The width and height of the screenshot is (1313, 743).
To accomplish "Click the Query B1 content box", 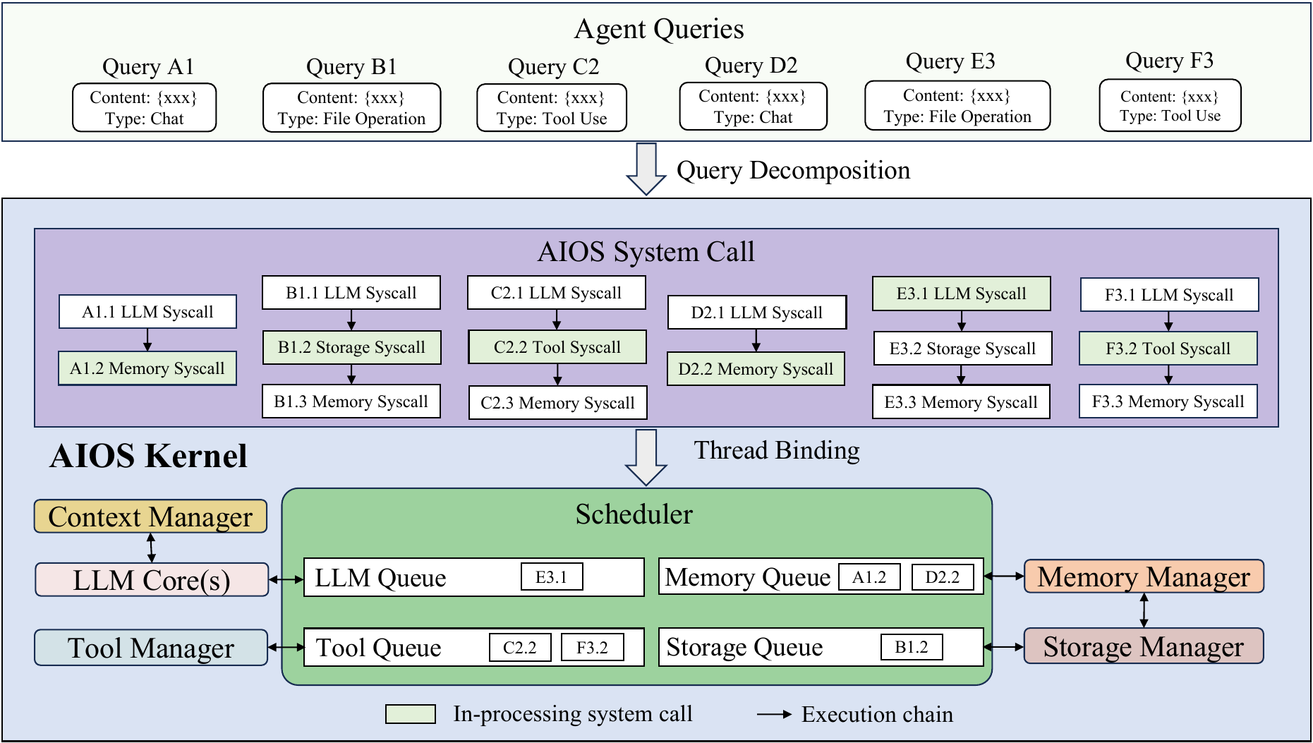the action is click(x=351, y=108).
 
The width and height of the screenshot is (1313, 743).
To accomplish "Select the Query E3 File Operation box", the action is click(x=957, y=106).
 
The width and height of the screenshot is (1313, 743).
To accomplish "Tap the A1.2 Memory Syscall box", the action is click(x=147, y=368).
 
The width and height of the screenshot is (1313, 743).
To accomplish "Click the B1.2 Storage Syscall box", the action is click(x=351, y=347).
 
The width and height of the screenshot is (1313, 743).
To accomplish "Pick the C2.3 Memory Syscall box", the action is click(x=557, y=403).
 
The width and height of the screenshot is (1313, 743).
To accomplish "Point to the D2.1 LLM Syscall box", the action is click(x=757, y=313).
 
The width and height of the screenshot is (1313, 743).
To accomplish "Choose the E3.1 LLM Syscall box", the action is click(x=962, y=294).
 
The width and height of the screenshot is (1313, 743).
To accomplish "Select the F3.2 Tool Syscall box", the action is click(x=1168, y=349).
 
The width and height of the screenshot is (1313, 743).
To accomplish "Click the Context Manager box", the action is click(x=151, y=517).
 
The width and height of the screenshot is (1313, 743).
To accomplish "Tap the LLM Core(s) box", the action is click(x=152, y=580).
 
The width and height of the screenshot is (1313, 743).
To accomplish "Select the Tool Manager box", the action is click(x=151, y=648).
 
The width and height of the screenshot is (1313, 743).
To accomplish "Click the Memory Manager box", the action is click(x=1144, y=576).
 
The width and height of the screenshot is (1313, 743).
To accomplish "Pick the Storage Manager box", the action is click(x=1144, y=646).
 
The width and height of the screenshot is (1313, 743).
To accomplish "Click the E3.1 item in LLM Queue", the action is click(x=552, y=577).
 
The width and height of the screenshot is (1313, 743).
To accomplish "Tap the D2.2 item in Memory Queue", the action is click(x=943, y=577).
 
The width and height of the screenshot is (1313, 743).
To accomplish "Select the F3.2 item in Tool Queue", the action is click(x=593, y=648).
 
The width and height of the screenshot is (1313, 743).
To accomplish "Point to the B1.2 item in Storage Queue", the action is click(x=912, y=647).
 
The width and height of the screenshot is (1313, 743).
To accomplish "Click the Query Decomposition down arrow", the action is click(x=646, y=169).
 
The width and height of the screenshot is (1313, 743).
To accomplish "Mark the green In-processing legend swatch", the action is click(x=411, y=714).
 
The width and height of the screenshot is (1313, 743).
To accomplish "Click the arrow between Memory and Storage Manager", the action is click(x=1144, y=610).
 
